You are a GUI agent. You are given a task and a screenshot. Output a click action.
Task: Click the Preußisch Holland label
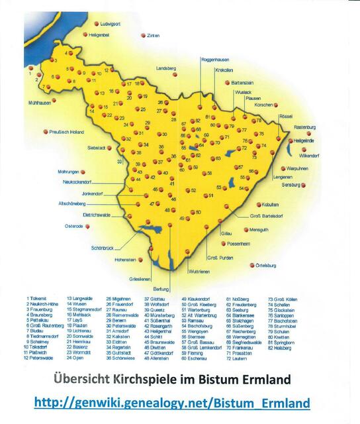70,132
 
